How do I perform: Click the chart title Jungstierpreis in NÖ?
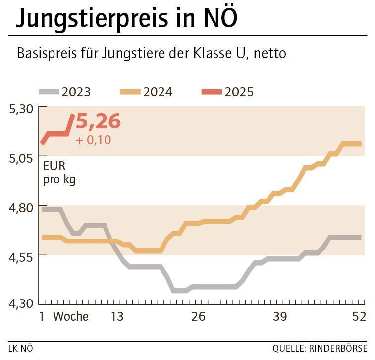click(x=127, y=18)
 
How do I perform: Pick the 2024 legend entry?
click(x=146, y=92)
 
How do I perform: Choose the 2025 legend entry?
click(x=228, y=92)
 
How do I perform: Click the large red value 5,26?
click(x=98, y=121)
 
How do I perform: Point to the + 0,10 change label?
click(x=94, y=140)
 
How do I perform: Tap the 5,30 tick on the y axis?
click(x=21, y=108)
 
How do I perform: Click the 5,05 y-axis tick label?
click(x=21, y=157)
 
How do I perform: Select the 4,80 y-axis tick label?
click(x=21, y=207)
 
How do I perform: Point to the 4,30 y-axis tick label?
click(x=21, y=303)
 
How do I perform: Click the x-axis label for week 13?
click(x=116, y=316)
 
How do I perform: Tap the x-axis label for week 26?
click(x=198, y=316)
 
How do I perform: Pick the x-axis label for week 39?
click(x=279, y=316)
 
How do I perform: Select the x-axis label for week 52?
click(x=358, y=316)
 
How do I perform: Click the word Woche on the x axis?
click(x=71, y=316)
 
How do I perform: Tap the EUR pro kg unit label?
click(x=59, y=173)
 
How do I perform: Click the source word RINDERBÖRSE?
click(x=337, y=348)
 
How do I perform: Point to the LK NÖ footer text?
click(x=21, y=348)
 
